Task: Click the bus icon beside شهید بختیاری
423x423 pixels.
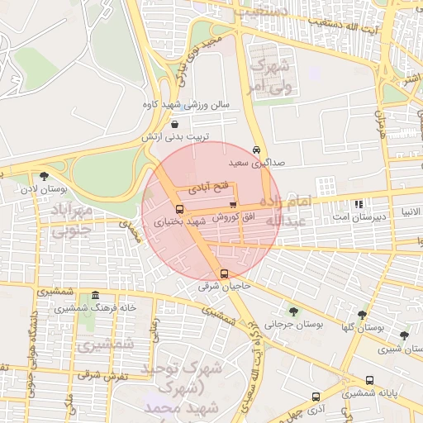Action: pos(180,209)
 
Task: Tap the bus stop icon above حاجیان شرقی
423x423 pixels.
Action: pos(224,273)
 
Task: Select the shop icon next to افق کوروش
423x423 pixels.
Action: pos(233,205)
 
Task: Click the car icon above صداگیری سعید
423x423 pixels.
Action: pos(257,150)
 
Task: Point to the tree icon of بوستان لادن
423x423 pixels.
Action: pos(43,175)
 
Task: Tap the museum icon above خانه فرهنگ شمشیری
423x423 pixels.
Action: pos(96,296)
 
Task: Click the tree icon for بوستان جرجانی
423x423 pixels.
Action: pos(293,312)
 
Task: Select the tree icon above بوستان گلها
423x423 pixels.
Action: pos(362,314)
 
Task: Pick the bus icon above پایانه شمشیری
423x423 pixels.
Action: pos(369,381)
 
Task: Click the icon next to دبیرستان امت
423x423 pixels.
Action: pos(358,203)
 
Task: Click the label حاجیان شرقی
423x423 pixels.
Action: pos(223,287)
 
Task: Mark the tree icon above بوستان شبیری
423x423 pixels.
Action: pos(403,335)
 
